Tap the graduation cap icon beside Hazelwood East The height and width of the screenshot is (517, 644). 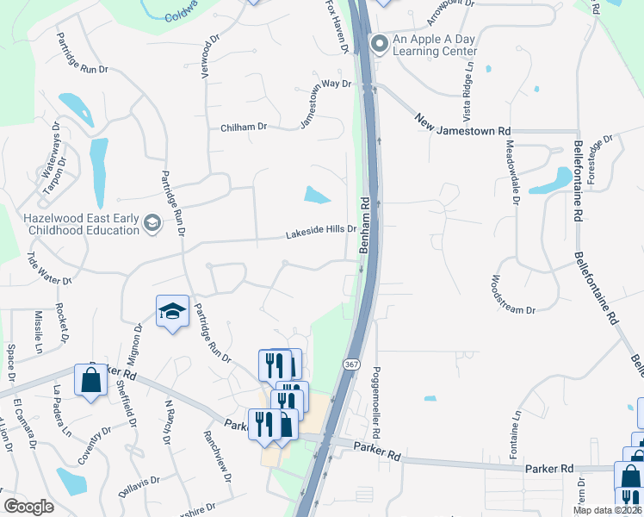click(152, 224)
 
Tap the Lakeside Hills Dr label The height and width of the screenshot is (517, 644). click(321, 235)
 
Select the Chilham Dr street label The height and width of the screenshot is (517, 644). click(244, 127)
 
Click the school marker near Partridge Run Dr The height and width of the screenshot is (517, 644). click(172, 312)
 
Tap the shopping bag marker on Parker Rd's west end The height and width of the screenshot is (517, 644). click(90, 380)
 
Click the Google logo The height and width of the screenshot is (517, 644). click(28, 508)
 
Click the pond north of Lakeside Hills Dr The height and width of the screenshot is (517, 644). click(317, 196)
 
